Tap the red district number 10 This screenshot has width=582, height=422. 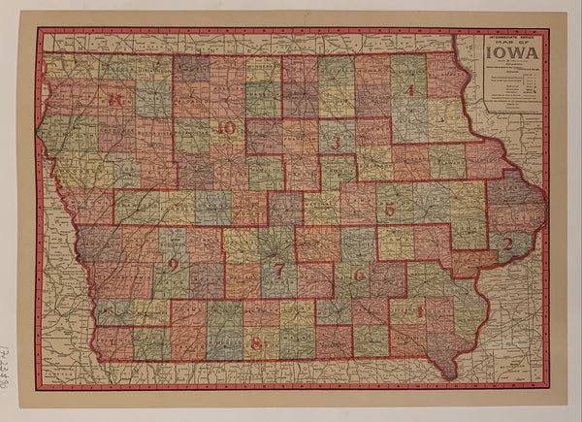click(x=227, y=127)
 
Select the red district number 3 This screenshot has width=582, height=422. click(x=336, y=146)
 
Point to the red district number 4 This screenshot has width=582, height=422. click(x=410, y=90)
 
